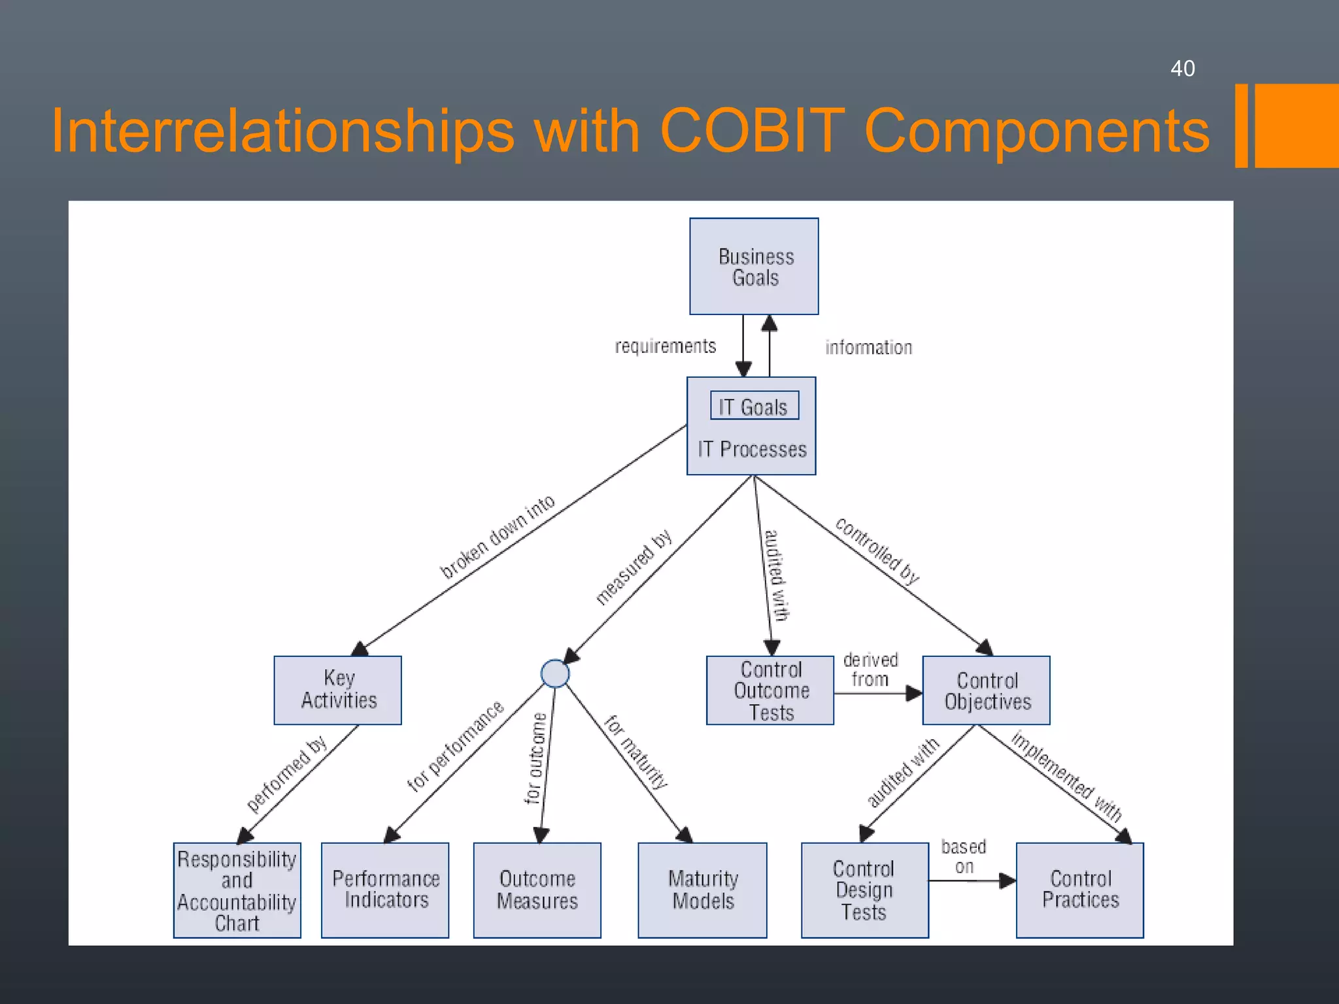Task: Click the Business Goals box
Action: (x=754, y=266)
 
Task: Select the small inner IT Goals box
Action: (x=754, y=405)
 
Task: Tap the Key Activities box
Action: (x=337, y=690)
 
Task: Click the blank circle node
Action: (x=555, y=673)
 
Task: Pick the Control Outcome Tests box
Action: (x=770, y=690)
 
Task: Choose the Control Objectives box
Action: (x=986, y=690)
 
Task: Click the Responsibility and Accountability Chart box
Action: (x=237, y=890)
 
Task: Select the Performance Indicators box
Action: (x=385, y=890)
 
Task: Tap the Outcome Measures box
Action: (x=537, y=890)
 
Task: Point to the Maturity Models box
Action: (x=702, y=890)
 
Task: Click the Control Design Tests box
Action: (x=864, y=890)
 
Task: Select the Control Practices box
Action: (x=1079, y=890)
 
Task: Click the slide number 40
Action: (x=1182, y=69)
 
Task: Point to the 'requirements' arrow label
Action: (x=665, y=346)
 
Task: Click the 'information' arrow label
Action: (x=868, y=347)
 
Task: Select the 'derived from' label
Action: (x=870, y=669)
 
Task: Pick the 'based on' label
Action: (x=963, y=856)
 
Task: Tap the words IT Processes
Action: (x=752, y=449)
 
